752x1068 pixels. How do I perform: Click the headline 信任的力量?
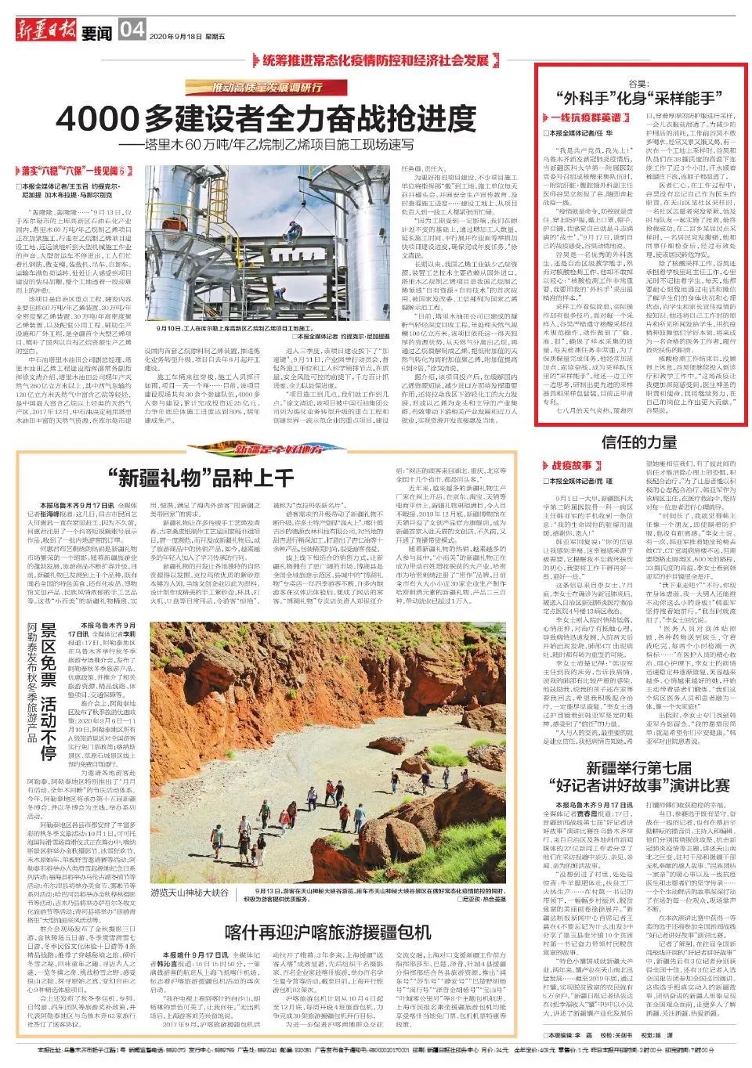click(x=638, y=442)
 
